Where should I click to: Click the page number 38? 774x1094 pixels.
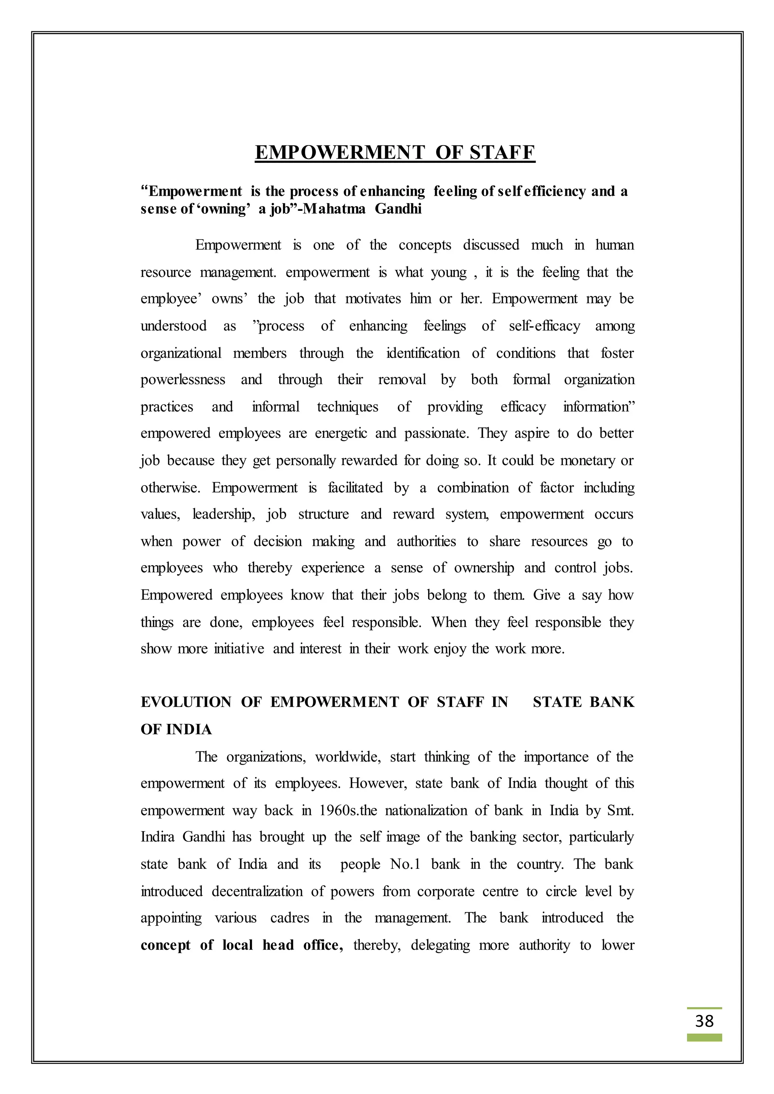[704, 1021]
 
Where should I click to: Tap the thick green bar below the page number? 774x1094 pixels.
[704, 1037]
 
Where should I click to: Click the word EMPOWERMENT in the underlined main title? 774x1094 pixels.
[339, 153]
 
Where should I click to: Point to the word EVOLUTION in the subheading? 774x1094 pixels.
[186, 702]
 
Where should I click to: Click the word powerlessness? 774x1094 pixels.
[183, 379]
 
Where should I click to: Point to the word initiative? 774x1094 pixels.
[239, 649]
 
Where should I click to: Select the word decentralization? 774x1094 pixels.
[257, 891]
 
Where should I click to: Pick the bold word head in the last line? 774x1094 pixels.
[278, 945]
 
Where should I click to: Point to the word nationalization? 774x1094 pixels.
[426, 811]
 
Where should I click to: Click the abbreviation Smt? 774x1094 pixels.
[621, 811]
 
